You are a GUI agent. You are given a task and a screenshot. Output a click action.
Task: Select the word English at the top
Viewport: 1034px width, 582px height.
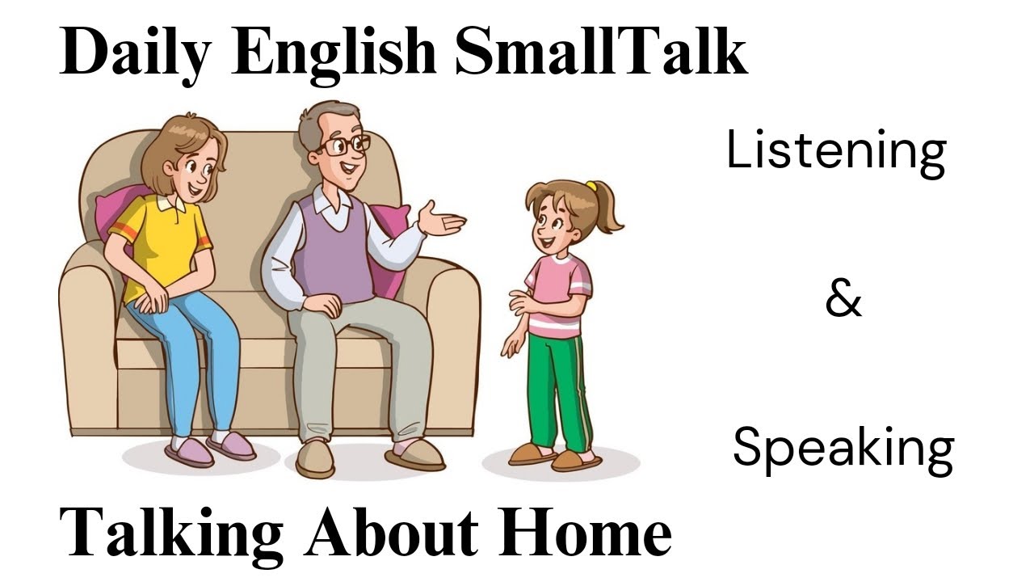coord(334,53)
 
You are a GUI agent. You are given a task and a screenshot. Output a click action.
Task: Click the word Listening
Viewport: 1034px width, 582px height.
coord(836,152)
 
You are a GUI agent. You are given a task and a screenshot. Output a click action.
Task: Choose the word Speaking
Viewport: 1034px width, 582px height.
coord(843,449)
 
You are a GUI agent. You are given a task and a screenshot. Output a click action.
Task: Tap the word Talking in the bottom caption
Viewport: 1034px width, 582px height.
coord(171,533)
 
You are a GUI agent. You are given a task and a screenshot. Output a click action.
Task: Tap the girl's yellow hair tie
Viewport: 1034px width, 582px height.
coord(592,187)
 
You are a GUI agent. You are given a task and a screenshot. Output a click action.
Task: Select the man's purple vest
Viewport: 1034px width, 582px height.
coord(334,247)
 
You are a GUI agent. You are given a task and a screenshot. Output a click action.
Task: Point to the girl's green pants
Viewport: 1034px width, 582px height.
coord(557,388)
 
